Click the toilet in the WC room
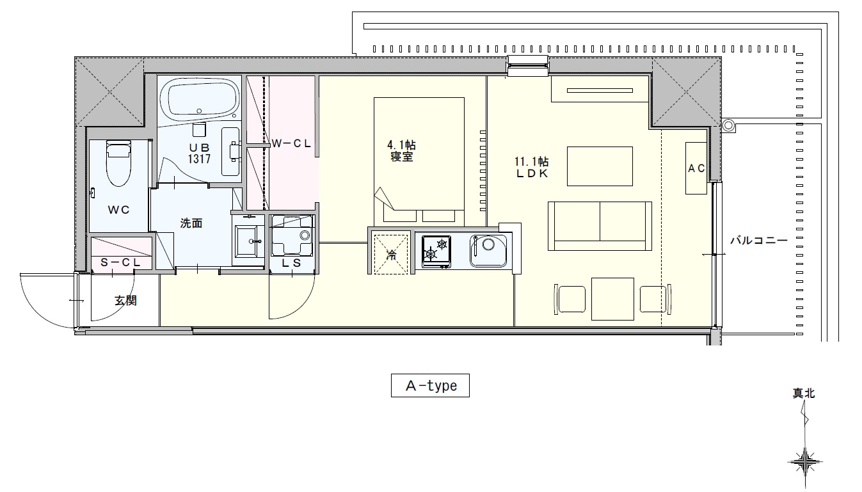[x=118, y=164]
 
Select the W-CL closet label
[x=291, y=143]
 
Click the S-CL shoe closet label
[x=120, y=262]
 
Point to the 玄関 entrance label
[x=125, y=301]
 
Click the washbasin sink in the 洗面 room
[x=248, y=242]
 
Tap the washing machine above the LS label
[x=292, y=235]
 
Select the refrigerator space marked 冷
[x=391, y=254]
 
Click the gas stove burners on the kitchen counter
[x=436, y=251]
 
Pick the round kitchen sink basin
[x=488, y=250]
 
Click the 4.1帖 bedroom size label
[x=401, y=145]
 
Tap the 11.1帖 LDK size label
[x=531, y=162]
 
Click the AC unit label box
[x=696, y=168]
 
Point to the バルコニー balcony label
[x=759, y=241]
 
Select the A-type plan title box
[x=430, y=385]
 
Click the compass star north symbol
[x=804, y=462]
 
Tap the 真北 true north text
[x=804, y=393]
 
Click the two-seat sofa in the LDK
[x=600, y=226]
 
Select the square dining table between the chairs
[x=612, y=299]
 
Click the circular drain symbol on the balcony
[x=728, y=125]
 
